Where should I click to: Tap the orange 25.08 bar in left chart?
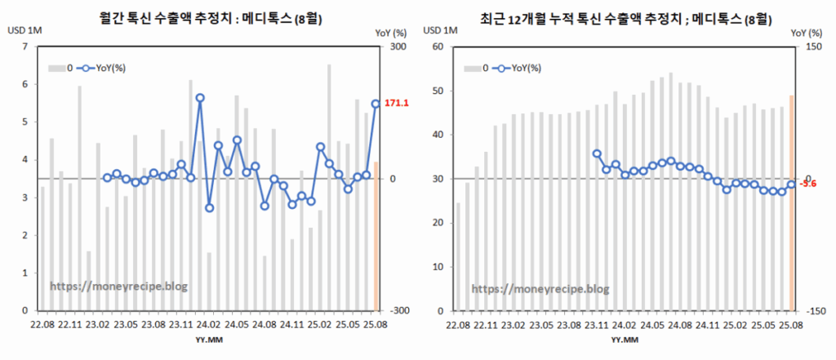(x=376, y=236)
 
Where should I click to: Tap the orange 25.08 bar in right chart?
(x=791, y=203)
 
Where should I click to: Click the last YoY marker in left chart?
(x=376, y=104)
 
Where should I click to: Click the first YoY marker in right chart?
(x=597, y=153)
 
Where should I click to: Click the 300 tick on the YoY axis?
(x=399, y=47)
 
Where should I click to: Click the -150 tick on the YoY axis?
(x=815, y=311)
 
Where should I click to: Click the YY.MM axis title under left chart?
(x=207, y=339)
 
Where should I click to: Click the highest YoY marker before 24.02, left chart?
(x=200, y=98)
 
